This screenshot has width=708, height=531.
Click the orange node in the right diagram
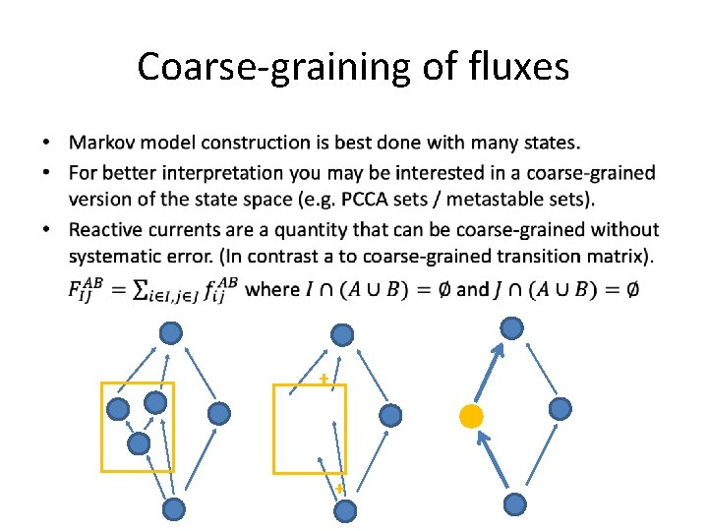tap(471, 416)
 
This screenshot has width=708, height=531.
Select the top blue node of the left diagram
tap(171, 333)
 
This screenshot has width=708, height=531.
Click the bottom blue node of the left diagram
tap(173, 508)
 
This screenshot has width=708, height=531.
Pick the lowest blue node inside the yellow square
tap(140, 443)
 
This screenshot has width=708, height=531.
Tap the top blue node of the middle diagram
tap(342, 335)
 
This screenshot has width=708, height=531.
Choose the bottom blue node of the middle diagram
tap(344, 509)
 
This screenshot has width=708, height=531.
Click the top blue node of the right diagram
tap(512, 327)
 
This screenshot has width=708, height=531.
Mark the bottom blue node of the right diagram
tap(514, 504)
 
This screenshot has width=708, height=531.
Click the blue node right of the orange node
tap(560, 408)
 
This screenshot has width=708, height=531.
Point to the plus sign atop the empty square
tap(323, 379)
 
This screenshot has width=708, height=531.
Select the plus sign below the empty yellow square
tap(339, 488)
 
